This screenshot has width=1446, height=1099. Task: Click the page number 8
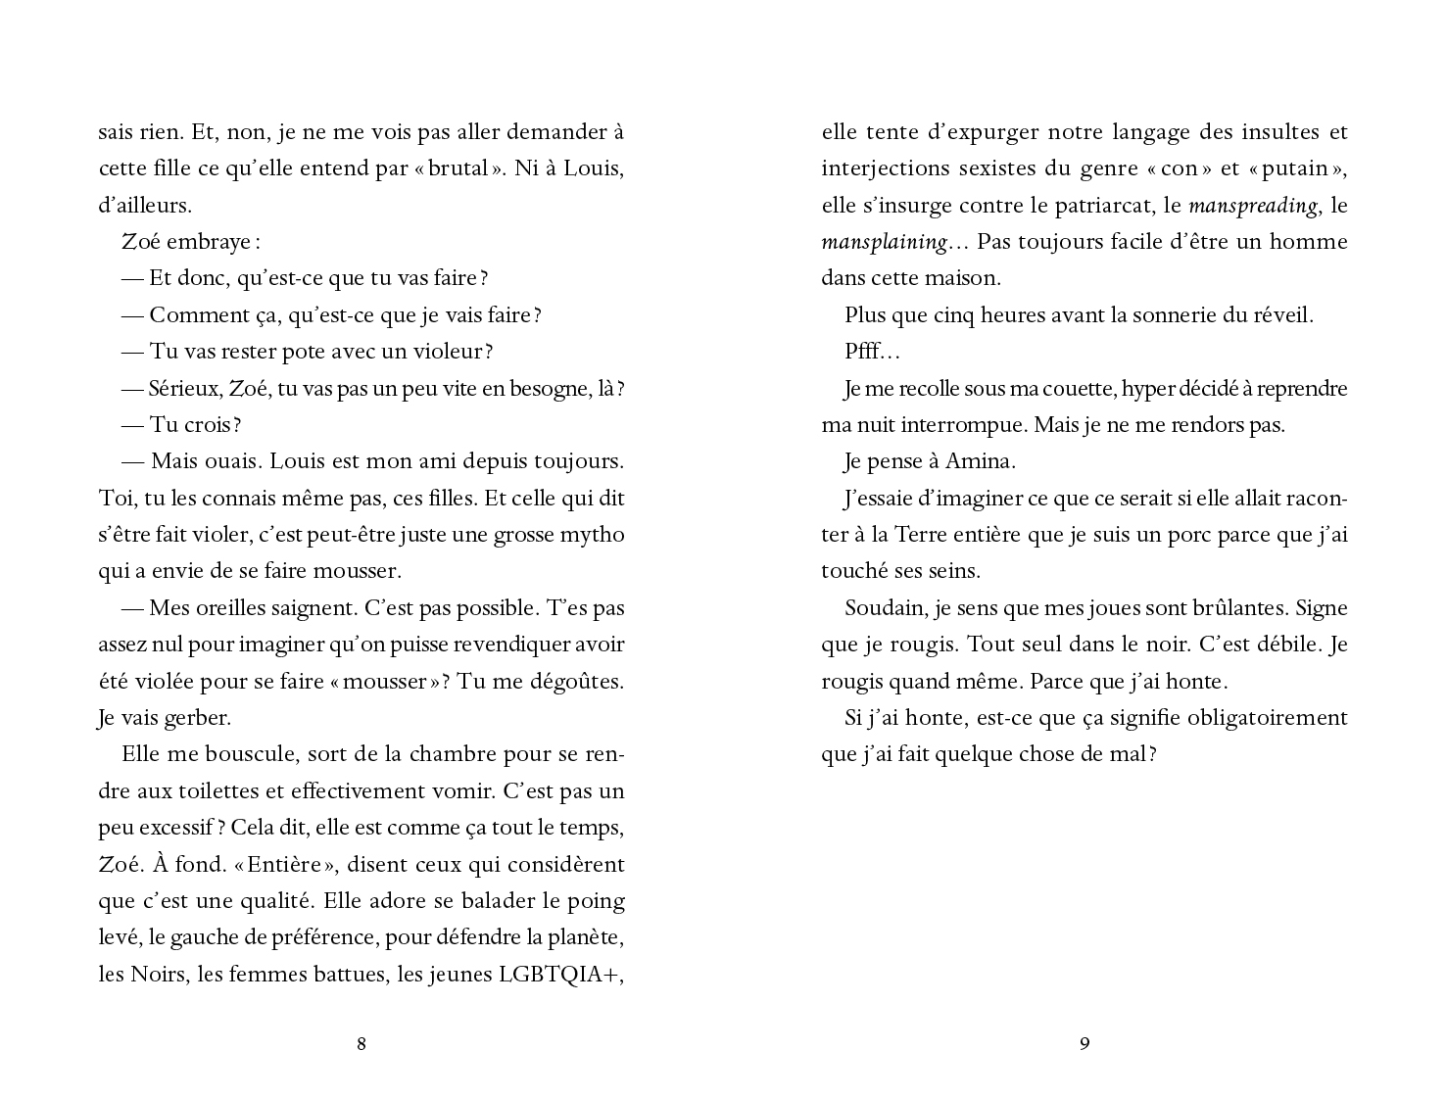pyautogui.click(x=361, y=1044)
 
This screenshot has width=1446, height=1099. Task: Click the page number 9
pyautogui.click(x=1084, y=1044)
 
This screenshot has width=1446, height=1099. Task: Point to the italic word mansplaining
pyautogui.click(x=884, y=242)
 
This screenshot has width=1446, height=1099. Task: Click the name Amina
pyautogui.click(x=981, y=461)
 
